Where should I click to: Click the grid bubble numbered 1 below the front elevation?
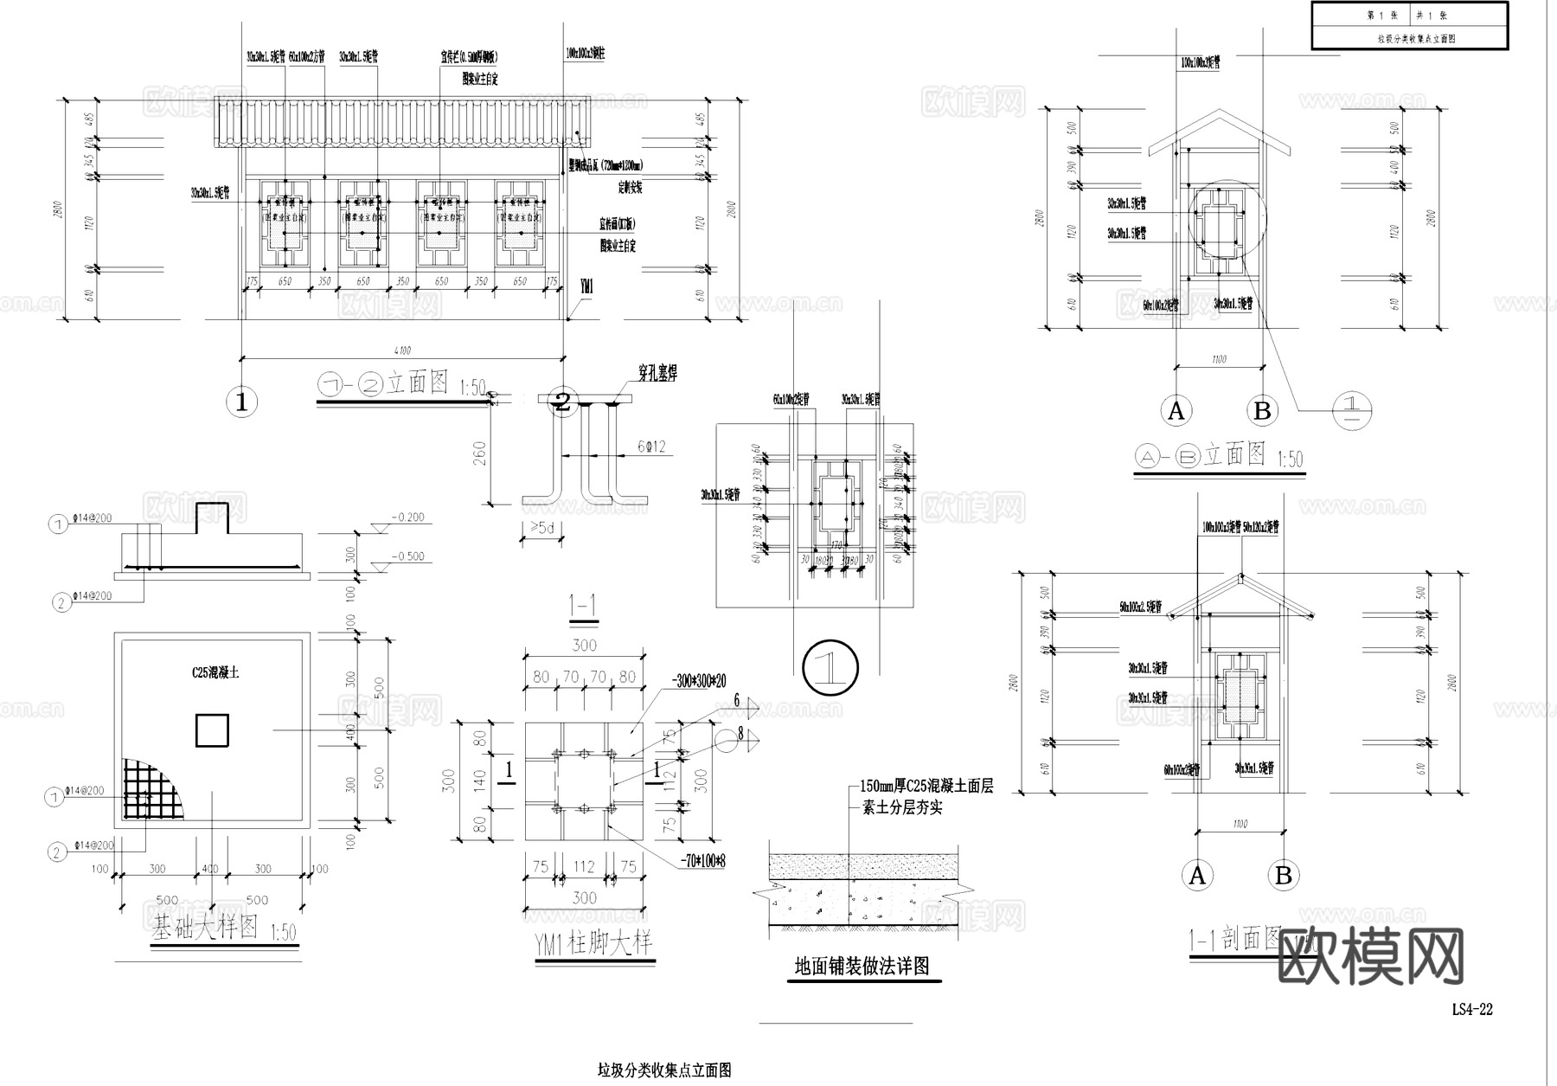(241, 402)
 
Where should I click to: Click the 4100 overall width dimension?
(402, 350)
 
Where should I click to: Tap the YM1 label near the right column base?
(586, 286)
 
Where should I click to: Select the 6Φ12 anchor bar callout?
(651, 447)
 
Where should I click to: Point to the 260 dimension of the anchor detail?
(479, 453)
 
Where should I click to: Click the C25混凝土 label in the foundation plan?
(215, 672)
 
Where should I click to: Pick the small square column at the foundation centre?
(212, 729)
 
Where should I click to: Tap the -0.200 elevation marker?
(407, 517)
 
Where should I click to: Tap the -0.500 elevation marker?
(407, 556)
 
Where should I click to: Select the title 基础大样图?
(205, 929)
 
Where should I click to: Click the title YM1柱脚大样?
(593, 944)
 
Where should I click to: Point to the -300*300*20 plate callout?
(699, 682)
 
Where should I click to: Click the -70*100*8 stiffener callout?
(702, 862)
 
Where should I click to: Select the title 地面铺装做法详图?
(862, 966)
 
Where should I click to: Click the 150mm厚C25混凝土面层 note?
(926, 787)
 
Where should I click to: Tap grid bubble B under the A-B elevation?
(1262, 411)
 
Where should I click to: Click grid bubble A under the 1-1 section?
(1197, 876)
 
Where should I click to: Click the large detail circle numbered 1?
(830, 667)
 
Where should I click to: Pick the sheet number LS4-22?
(1471, 1009)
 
